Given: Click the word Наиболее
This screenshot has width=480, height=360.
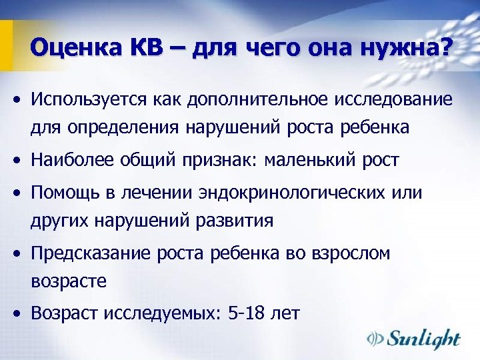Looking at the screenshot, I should click(75, 160).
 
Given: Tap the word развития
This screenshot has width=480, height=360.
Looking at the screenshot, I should click(235, 219).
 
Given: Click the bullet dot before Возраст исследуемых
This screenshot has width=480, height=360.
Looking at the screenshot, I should click(20, 312).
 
